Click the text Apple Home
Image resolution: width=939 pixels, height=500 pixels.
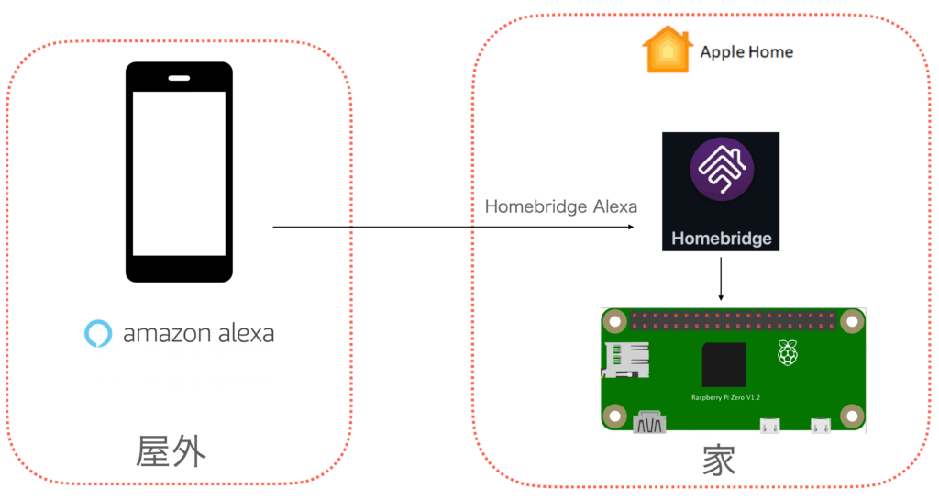746,51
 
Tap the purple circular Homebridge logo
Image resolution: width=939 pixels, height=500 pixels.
721,168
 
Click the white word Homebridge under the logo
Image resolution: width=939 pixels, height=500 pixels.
721,239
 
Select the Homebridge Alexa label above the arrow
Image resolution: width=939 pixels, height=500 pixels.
560,206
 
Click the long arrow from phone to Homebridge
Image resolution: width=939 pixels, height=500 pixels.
458,227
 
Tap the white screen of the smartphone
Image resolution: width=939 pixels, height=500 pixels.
179,172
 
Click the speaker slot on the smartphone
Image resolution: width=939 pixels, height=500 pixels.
179,76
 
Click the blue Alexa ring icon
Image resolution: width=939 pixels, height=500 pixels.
96,333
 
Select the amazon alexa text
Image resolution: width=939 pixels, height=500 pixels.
198,333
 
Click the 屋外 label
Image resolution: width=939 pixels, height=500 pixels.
171,451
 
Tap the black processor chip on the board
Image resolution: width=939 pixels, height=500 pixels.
724,365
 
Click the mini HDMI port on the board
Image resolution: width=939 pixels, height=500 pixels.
649,423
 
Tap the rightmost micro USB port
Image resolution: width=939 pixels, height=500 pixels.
820,426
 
